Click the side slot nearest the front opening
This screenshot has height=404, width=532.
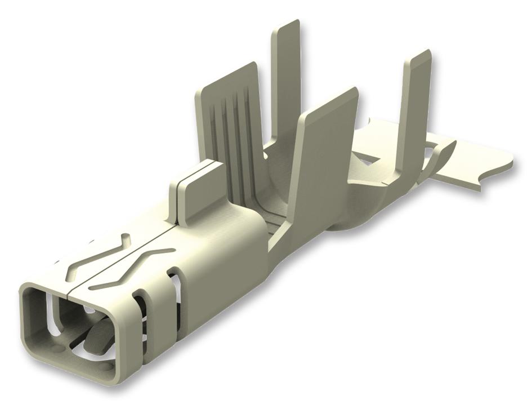[140, 321]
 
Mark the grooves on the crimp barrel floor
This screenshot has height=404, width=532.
[270, 225]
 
